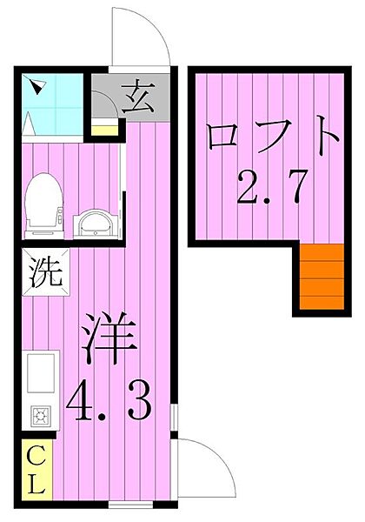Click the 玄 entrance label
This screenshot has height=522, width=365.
137,97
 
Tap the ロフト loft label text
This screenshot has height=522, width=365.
269,139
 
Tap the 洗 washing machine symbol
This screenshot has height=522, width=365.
43,273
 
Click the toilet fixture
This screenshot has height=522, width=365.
43,204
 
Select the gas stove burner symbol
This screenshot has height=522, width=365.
40,415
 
